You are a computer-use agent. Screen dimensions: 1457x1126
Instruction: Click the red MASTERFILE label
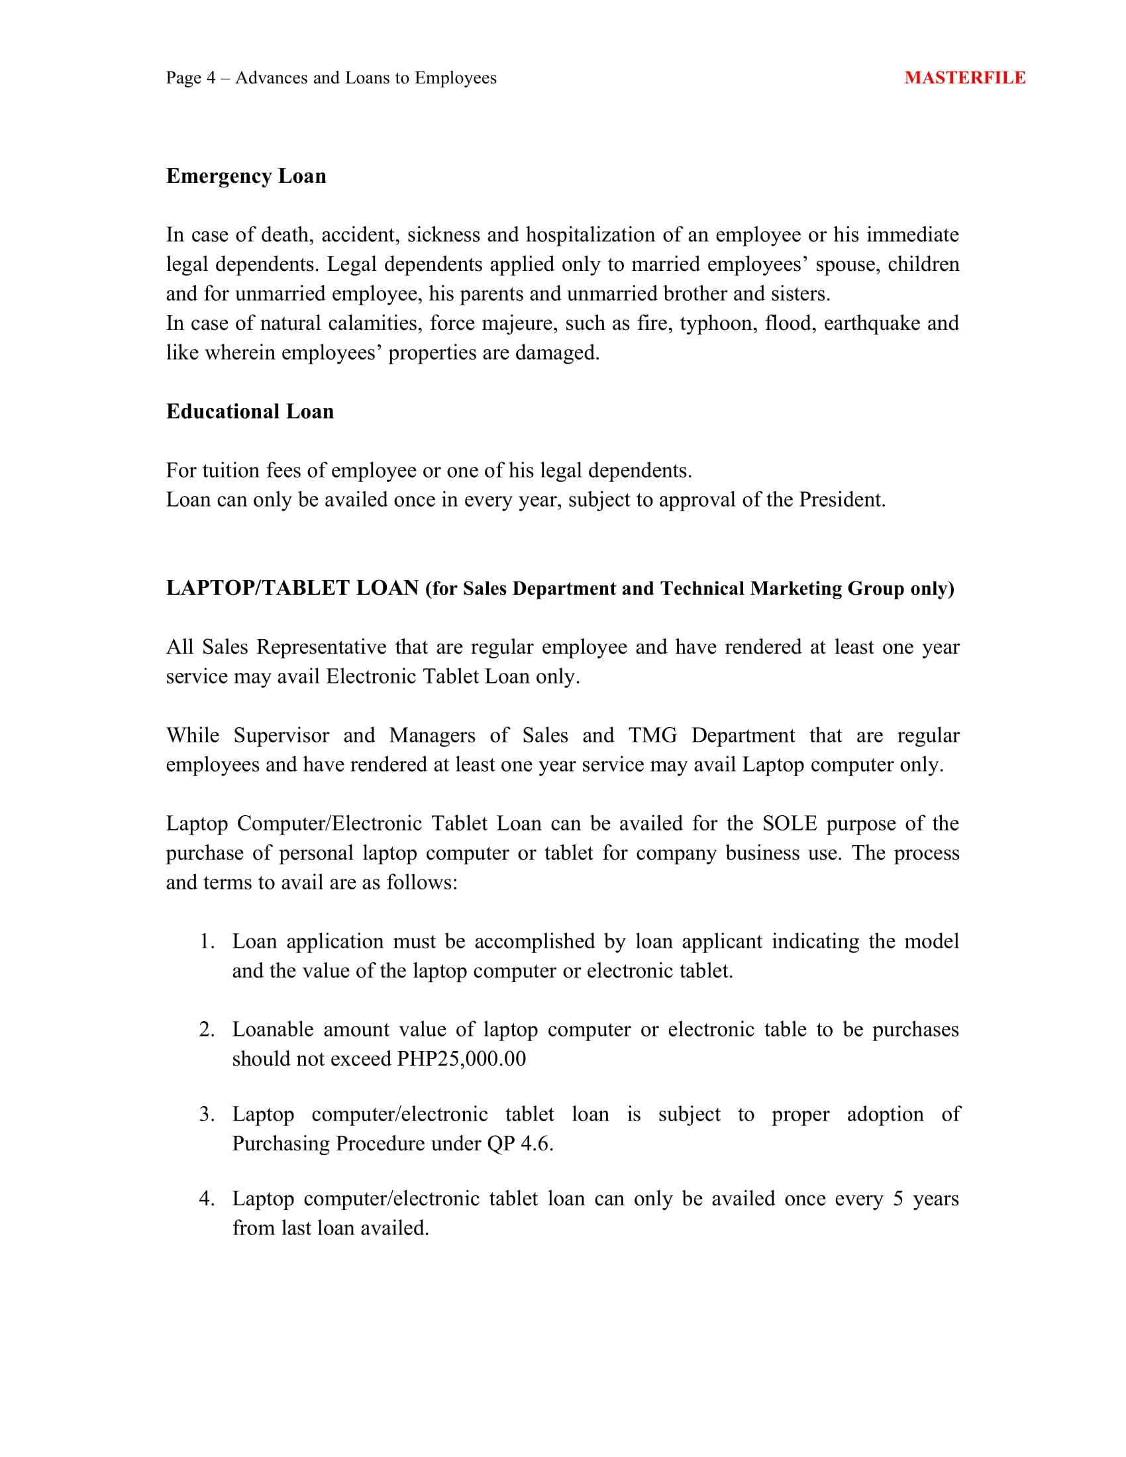(964, 78)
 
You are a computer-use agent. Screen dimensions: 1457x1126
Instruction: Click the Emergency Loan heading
(246, 176)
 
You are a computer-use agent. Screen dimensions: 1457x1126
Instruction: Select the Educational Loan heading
(250, 412)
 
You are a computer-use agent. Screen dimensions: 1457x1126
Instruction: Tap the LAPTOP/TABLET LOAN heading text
(292, 587)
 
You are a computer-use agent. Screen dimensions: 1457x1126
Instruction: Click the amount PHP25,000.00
(461, 1059)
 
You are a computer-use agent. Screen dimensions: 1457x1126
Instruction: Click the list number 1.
(206, 941)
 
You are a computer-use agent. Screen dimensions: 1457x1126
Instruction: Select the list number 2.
(206, 1029)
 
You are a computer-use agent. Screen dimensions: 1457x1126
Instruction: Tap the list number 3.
(206, 1114)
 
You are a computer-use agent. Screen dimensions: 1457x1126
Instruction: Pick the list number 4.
(206, 1199)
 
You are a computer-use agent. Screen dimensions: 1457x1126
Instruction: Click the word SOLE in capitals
(789, 823)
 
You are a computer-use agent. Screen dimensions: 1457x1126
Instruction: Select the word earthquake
(870, 324)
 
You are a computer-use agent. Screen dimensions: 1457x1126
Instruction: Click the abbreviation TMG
(652, 735)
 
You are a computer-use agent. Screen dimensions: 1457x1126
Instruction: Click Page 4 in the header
(191, 78)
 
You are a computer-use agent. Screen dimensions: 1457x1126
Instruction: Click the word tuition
(230, 470)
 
